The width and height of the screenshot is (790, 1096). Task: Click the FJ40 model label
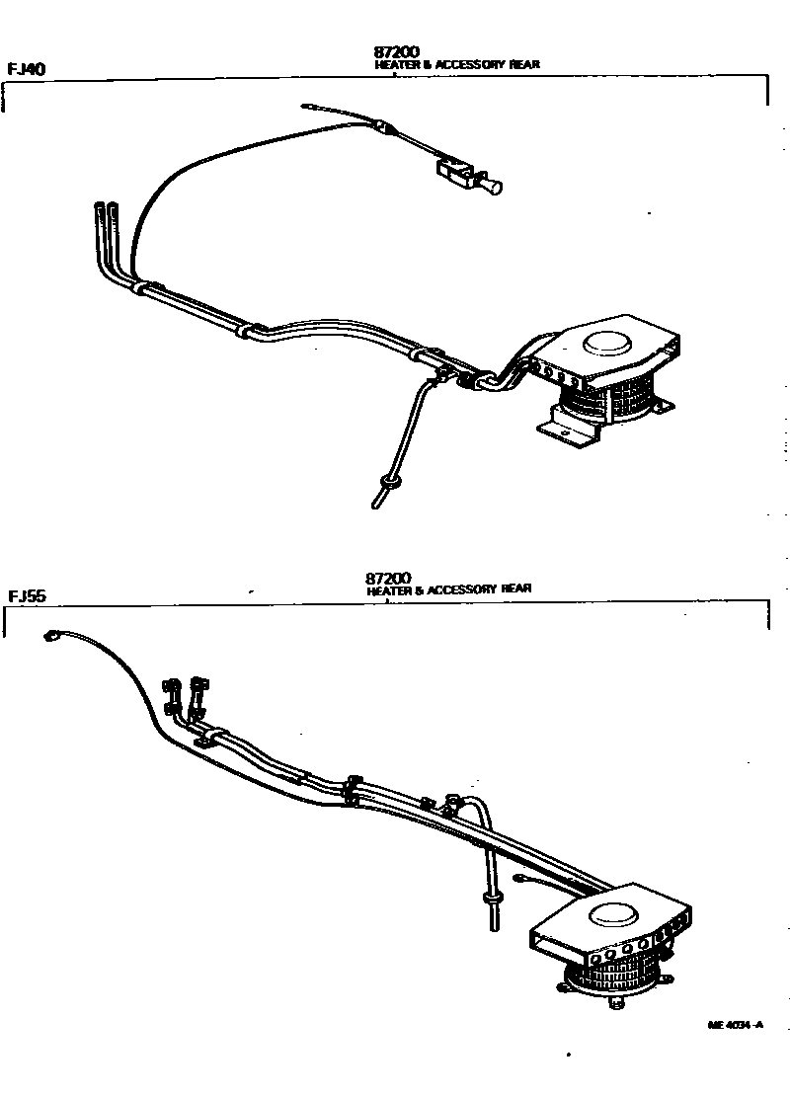(26, 69)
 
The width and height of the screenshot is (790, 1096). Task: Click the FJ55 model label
(26, 596)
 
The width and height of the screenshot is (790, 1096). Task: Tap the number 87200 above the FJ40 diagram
(394, 53)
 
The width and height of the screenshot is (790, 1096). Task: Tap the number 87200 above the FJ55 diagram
(387, 578)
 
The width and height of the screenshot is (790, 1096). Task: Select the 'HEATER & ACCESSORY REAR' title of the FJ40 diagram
(456, 64)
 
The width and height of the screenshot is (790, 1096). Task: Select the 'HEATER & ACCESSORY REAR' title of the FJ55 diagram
(449, 589)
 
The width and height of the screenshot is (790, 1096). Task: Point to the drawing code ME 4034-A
(735, 1025)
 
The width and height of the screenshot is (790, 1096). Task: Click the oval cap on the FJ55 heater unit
(614, 914)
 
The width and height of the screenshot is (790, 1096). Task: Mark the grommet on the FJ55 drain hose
(491, 897)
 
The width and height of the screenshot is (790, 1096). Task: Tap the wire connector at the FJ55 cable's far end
(49, 637)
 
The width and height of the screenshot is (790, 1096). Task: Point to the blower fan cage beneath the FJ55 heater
(607, 978)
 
